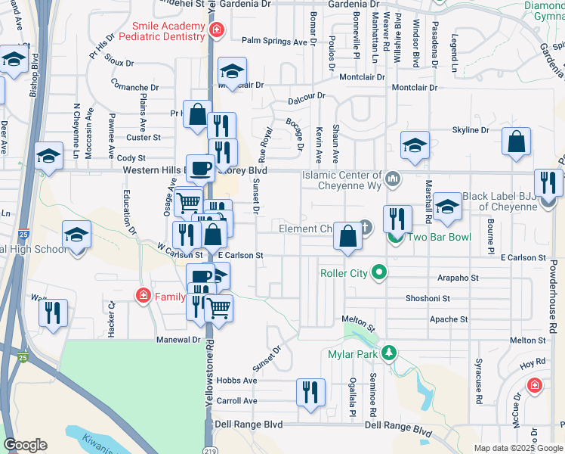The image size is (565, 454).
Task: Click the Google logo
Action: point(25,445)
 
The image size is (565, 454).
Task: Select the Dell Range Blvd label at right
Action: point(397,425)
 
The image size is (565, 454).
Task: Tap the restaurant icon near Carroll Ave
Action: point(310,393)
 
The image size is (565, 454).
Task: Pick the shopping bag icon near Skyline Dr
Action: point(516,141)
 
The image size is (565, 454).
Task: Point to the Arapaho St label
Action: point(458,278)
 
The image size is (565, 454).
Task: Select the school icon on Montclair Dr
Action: point(232,72)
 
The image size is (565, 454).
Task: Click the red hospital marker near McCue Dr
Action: point(535,386)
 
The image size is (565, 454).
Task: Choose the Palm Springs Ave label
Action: point(274,42)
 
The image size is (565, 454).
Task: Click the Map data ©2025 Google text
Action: point(517,448)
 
